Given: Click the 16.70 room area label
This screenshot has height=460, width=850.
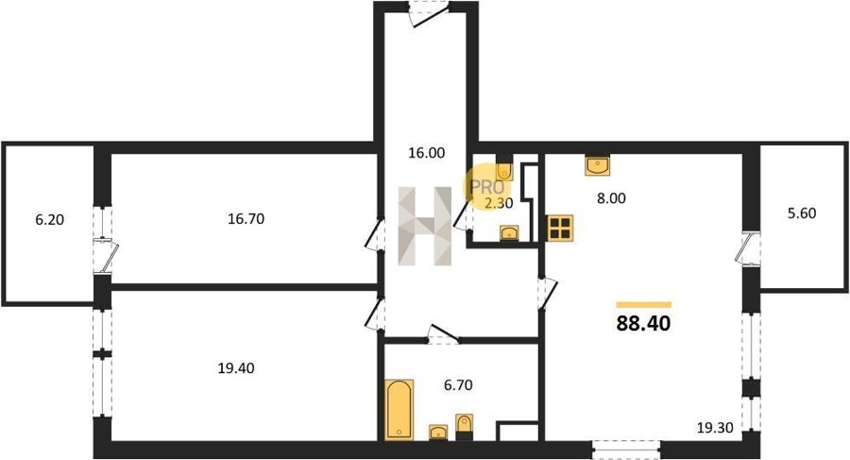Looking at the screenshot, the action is click(246, 219).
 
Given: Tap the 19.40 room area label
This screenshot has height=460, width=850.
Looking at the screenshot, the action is click(236, 368).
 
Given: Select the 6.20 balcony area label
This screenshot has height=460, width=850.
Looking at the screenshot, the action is click(49, 220).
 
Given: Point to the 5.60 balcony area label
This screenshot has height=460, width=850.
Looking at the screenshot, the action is click(801, 213).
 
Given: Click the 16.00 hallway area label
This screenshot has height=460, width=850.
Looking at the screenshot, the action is click(426, 153).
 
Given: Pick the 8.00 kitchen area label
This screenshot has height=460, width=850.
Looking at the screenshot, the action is click(611, 198).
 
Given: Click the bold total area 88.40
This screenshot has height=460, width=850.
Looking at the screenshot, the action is click(643, 323).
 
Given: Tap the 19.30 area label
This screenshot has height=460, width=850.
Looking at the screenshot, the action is click(715, 428).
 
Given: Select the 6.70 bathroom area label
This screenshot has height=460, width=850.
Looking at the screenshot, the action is click(458, 385).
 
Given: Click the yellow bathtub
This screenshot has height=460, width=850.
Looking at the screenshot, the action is click(399, 410).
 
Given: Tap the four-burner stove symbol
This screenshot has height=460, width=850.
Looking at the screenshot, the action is click(560, 228).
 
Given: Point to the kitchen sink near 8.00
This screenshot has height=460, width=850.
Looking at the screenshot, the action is click(598, 165).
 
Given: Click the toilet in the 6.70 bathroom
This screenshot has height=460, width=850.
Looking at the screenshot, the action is click(464, 426).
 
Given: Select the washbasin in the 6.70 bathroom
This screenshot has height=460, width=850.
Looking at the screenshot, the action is click(438, 433).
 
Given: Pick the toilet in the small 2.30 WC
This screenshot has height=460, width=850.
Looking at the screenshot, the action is click(504, 167).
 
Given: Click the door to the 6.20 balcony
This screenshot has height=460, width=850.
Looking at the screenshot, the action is click(105, 255).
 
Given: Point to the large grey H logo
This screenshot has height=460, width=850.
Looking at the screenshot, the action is click(424, 226).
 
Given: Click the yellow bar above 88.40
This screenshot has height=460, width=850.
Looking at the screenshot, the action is click(644, 305).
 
